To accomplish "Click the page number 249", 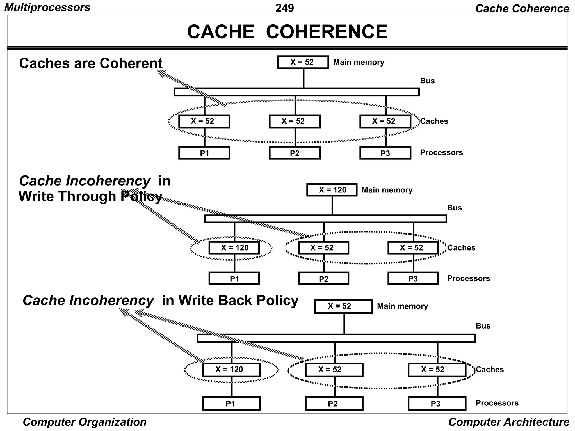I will click(x=284, y=8).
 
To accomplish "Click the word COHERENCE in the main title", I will click(x=327, y=32).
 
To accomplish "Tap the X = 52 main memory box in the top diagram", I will click(x=303, y=62).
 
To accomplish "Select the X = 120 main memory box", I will click(x=332, y=190).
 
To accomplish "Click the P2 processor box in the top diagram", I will click(x=295, y=153).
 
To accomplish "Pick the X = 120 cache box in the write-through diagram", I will click(x=234, y=248).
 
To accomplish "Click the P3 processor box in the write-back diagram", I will click(x=437, y=404).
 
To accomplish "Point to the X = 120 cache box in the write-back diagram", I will click(x=231, y=370).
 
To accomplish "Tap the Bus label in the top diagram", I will click(x=427, y=81).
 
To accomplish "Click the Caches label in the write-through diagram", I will click(x=461, y=248).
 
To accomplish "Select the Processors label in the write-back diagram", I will click(x=497, y=403).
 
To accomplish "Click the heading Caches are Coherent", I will click(x=91, y=63).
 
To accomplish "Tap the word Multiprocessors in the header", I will click(x=47, y=7).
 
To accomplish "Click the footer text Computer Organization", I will click(x=85, y=422).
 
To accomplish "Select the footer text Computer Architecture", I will click(x=508, y=422).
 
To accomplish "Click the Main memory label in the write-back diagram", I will click(x=402, y=306).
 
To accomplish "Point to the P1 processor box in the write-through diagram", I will click(x=234, y=279).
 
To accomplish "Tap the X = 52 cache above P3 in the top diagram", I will click(x=385, y=121).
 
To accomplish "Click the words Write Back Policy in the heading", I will click(x=238, y=300).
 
